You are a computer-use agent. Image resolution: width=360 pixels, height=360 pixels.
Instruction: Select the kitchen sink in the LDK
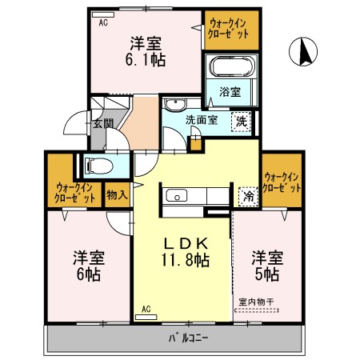tap(176, 195)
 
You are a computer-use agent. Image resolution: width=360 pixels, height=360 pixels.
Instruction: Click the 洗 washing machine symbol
tap(239, 122)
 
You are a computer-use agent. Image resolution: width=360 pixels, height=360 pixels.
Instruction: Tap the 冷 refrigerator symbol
tap(247, 194)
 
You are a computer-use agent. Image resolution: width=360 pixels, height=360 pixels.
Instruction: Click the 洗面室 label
tap(202, 120)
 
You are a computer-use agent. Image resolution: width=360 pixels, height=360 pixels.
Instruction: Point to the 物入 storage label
tap(116, 194)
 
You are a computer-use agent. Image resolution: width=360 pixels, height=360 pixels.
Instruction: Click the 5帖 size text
tap(266, 275)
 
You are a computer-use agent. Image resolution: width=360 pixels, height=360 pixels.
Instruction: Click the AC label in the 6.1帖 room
tap(103, 23)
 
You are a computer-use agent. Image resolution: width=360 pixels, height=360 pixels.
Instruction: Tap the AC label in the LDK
tap(146, 308)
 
